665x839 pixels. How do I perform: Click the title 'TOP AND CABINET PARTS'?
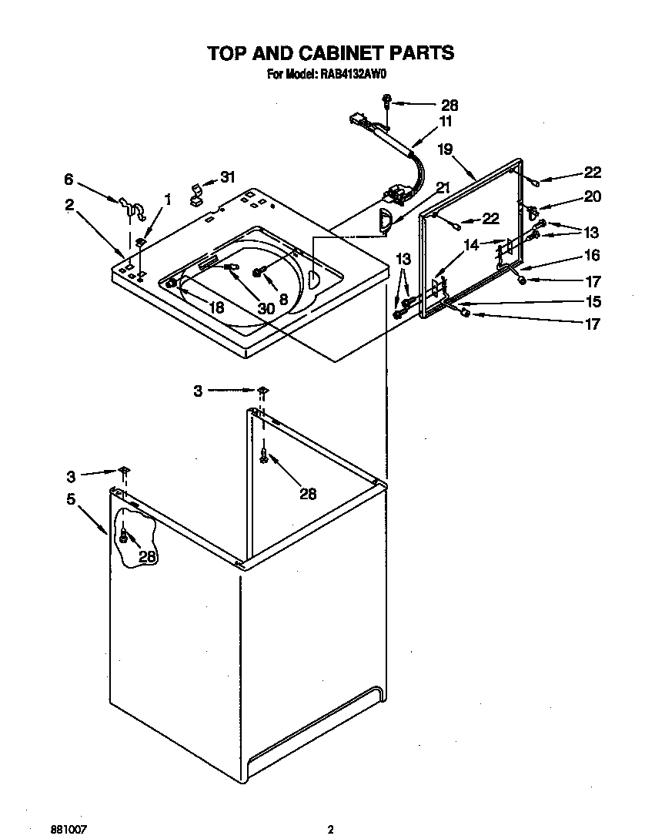click(x=331, y=53)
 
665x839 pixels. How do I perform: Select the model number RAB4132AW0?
click(x=351, y=75)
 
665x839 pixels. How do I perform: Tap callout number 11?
click(x=446, y=121)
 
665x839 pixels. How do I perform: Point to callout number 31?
click(x=227, y=177)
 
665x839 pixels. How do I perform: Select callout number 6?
click(x=69, y=180)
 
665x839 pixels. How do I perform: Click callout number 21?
click(x=443, y=187)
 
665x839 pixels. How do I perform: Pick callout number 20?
click(x=592, y=196)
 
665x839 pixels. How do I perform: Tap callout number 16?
click(x=592, y=256)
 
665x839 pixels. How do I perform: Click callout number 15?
click(x=592, y=301)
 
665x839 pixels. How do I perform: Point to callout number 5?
click(x=71, y=498)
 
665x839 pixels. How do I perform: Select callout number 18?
click(x=216, y=307)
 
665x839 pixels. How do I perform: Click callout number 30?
click(x=266, y=307)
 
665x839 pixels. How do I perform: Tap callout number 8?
click(x=283, y=299)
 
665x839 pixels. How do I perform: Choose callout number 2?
click(x=69, y=204)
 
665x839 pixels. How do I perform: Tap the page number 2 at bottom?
click(x=330, y=808)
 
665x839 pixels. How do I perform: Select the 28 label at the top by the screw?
click(x=449, y=105)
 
